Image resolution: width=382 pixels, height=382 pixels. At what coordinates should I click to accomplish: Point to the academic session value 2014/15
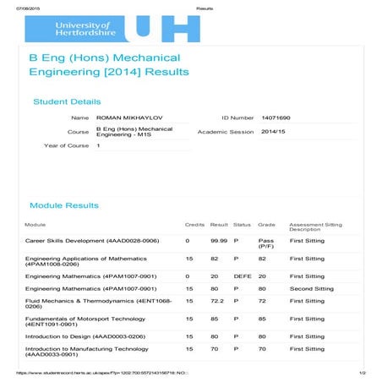274,132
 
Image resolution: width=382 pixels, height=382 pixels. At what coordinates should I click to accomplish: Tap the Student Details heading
67,101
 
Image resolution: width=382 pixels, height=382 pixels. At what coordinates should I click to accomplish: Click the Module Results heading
64,205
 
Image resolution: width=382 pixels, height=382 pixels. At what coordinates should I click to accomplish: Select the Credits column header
194,225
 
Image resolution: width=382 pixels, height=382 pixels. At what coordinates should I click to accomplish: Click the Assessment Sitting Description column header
315,226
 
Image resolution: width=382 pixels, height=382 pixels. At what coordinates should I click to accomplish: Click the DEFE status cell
243,276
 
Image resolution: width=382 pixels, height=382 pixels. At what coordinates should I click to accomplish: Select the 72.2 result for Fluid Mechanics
218,301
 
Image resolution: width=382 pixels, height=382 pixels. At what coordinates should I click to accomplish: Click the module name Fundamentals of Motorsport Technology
81,319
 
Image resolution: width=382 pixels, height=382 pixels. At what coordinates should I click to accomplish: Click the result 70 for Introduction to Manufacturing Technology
215,348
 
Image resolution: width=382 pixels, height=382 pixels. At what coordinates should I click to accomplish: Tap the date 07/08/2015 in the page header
18,7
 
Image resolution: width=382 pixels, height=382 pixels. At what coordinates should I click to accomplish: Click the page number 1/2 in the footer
362,373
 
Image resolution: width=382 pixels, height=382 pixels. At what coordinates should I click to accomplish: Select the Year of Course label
66,146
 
